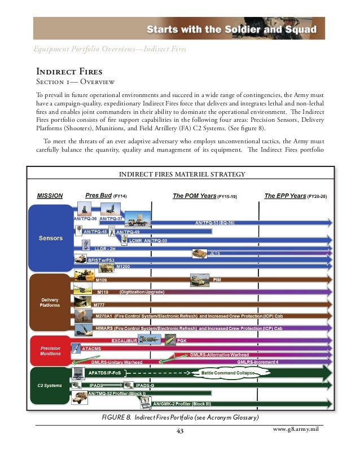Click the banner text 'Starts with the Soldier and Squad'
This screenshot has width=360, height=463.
232,29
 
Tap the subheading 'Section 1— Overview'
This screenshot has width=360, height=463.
76,82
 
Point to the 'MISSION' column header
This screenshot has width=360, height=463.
50,196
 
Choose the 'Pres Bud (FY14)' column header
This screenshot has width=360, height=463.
106,196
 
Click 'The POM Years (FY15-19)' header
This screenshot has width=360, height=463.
204,196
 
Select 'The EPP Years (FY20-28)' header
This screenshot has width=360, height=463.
295,196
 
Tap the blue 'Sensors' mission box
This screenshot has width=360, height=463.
50,239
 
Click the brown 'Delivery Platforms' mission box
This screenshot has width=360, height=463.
50,302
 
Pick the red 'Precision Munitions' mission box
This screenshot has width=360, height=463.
50,351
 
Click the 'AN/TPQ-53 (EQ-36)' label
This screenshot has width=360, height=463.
214,223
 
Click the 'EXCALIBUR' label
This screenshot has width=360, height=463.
125,341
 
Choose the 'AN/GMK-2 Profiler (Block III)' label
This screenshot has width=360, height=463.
182,404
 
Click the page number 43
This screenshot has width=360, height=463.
181,432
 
